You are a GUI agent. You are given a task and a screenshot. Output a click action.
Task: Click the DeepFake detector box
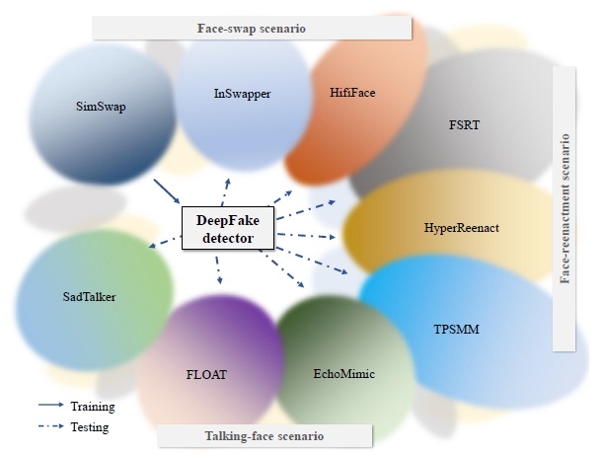tap(230, 229)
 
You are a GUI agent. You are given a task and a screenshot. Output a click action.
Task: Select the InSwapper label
tap(242, 94)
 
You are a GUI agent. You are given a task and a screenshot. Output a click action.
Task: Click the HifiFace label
tap(352, 93)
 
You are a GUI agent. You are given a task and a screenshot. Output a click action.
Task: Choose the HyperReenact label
tap(460, 228)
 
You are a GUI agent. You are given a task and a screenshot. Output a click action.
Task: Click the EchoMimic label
tap(344, 374)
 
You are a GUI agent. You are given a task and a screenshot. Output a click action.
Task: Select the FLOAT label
tap(207, 375)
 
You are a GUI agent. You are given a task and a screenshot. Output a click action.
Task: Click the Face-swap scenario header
tap(252, 29)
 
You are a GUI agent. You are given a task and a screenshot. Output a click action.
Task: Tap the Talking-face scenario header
tap(264, 435)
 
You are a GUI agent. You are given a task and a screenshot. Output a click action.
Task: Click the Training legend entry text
tap(92, 406)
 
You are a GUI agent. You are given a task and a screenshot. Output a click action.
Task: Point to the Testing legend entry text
tap(90, 427)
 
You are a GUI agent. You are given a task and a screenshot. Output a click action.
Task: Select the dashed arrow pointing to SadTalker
tap(163, 242)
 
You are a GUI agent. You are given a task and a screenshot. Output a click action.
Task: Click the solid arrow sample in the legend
tap(49, 406)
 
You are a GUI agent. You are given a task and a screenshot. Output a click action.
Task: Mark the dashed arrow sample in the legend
tap(49, 427)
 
